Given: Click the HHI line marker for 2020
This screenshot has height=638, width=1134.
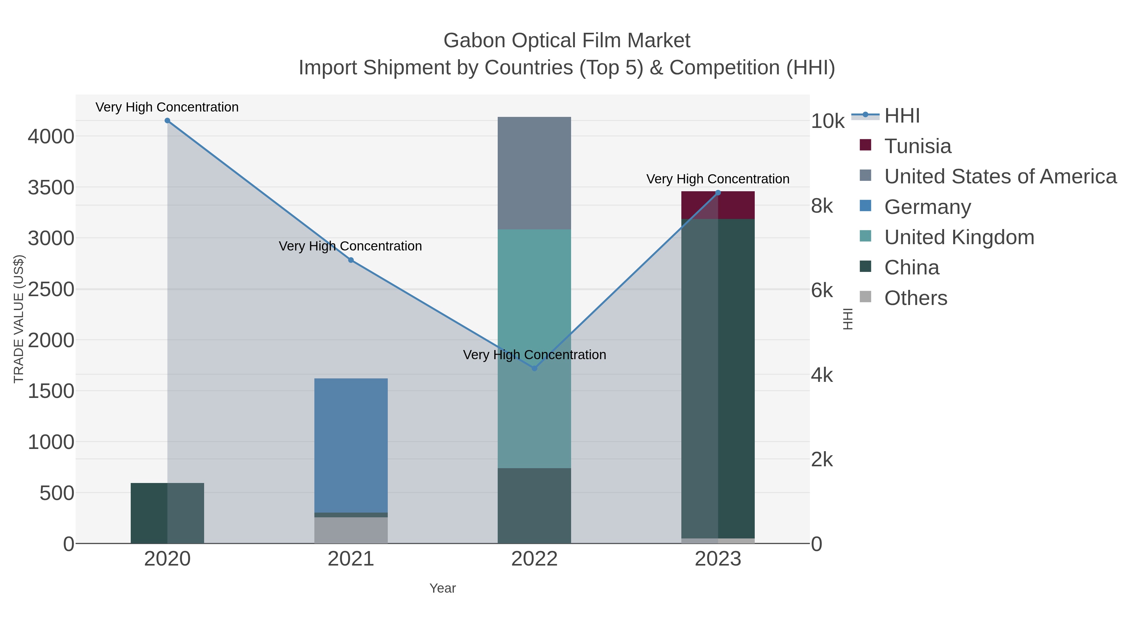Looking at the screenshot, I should pyautogui.click(x=167, y=121).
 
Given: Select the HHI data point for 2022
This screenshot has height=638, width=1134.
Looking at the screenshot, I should pyautogui.click(x=535, y=368).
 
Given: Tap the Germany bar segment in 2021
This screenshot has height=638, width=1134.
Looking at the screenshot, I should pyautogui.click(x=351, y=445).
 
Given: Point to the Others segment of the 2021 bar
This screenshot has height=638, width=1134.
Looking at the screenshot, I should pyautogui.click(x=351, y=530).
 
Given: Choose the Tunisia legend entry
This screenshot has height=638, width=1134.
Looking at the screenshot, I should pyautogui.click(x=917, y=146).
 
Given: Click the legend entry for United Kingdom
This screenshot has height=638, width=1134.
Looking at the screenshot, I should pyautogui.click(x=959, y=237).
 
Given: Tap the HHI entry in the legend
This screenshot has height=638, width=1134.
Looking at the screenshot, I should pyautogui.click(x=902, y=116).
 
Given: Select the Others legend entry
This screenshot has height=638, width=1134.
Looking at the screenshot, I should pyautogui.click(x=915, y=298).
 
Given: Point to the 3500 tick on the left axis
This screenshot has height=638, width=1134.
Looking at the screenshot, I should pyautogui.click(x=51, y=187).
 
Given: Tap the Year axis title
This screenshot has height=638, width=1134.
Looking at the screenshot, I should pyautogui.click(x=443, y=588).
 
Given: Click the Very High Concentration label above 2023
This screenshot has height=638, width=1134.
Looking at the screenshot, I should pyautogui.click(x=718, y=179).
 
